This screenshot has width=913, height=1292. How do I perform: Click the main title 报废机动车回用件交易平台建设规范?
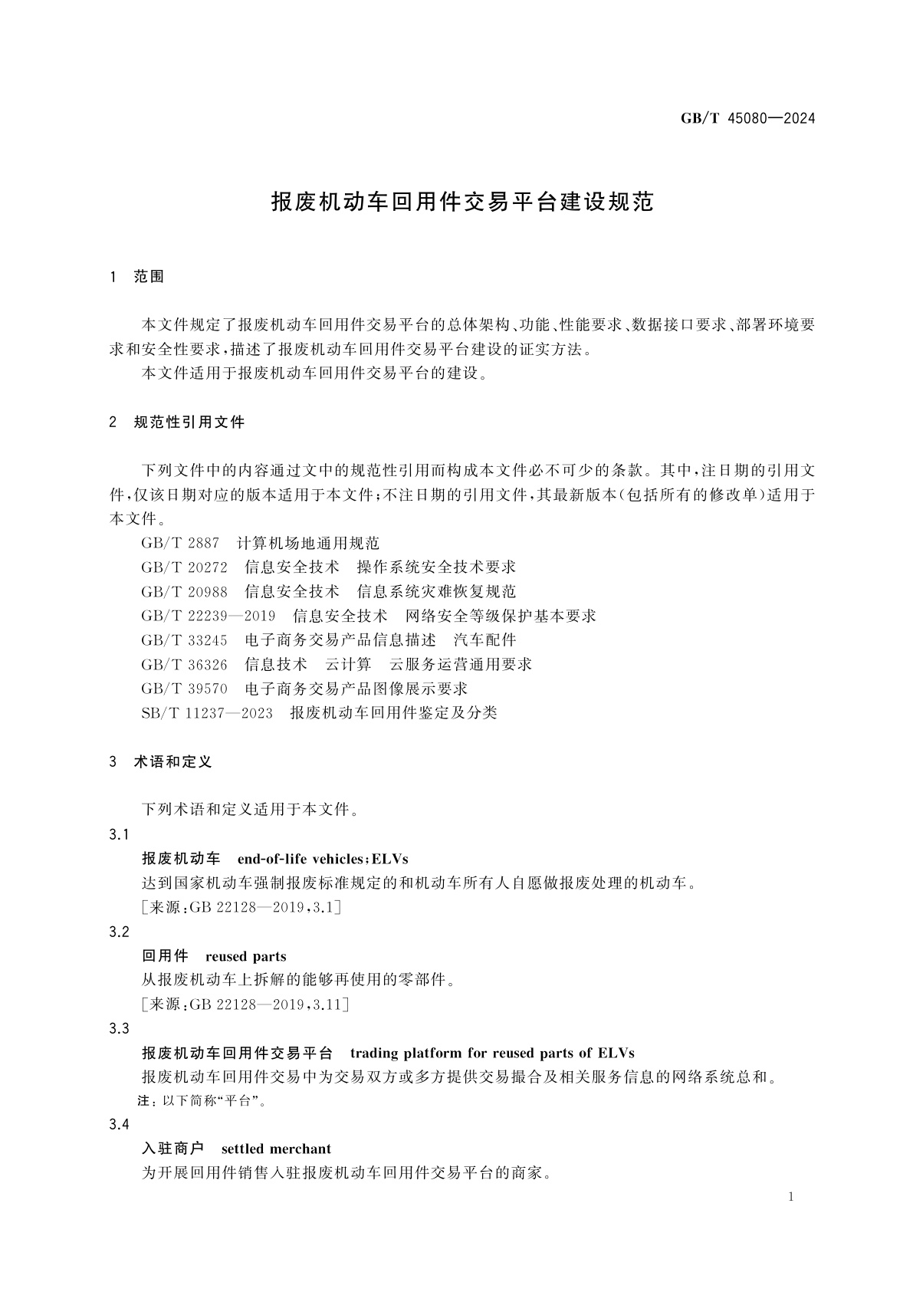462,202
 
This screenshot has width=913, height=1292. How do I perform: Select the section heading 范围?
149,277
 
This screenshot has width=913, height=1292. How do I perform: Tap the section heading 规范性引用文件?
189,422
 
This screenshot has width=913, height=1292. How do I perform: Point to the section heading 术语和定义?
172,762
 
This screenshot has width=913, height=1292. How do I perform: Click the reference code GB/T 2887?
180,544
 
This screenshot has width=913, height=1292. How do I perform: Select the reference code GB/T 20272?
184,567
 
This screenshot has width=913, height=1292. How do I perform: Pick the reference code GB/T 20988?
184,592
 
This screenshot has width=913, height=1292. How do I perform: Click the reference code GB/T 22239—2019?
208,616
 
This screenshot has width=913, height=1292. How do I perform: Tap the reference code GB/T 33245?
184,640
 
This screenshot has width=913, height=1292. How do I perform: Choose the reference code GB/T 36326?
184,664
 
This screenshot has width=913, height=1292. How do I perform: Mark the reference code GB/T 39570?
184,689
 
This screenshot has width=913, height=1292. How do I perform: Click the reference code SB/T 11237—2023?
207,713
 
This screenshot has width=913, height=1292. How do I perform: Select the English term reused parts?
245,956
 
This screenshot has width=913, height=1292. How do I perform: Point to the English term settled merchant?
276,1149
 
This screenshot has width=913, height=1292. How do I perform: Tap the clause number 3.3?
119,1029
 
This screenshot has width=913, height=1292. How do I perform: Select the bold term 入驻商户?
172,1149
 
